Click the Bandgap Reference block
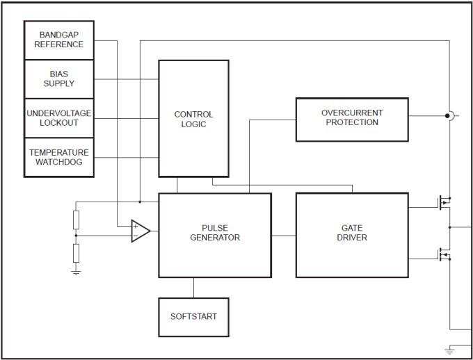[x=59, y=40]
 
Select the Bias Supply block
[x=59, y=79]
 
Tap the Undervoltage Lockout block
[x=59, y=118]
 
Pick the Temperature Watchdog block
[x=59, y=157]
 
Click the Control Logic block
[x=193, y=118]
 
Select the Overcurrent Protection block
[x=351, y=118]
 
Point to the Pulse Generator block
[x=215, y=235]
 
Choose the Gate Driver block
[x=351, y=235]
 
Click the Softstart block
[x=193, y=317]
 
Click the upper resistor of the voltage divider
[x=76, y=220]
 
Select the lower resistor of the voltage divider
[x=76, y=252]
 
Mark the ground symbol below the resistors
[x=76, y=272]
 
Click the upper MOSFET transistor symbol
[x=443, y=204]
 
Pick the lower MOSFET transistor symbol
[x=443, y=255]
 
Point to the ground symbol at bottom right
[x=449, y=348]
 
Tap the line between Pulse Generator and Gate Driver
[x=283, y=236]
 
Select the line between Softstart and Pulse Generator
[x=193, y=288]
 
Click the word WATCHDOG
[x=59, y=162]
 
